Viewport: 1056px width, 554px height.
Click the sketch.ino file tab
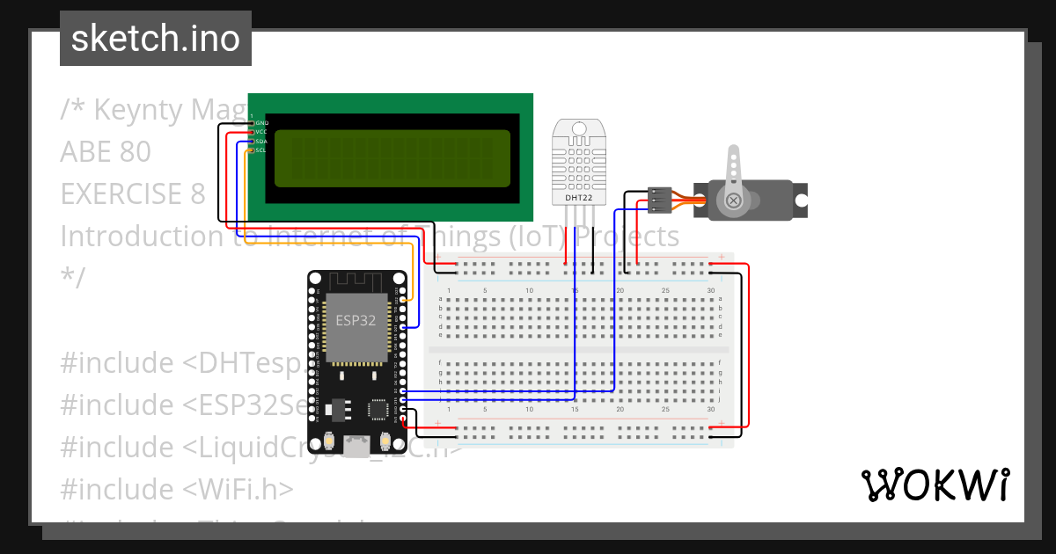(156, 39)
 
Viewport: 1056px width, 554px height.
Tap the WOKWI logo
(935, 485)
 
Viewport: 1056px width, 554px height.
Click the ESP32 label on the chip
(356, 320)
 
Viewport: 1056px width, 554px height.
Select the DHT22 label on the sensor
(579, 198)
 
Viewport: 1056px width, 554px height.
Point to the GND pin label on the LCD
(261, 122)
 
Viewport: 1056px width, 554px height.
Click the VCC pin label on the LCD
(261, 132)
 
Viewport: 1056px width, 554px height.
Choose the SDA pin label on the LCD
(261, 141)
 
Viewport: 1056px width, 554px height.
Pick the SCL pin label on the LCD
(261, 150)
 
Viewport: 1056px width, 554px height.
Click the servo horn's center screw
(733, 201)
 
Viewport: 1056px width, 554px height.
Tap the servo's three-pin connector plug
(660, 200)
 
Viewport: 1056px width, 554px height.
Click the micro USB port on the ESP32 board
(356, 448)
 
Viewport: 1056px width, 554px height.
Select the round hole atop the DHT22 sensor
(578, 129)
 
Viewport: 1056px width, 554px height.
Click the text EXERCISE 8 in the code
(132, 193)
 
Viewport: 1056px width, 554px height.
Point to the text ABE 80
(106, 152)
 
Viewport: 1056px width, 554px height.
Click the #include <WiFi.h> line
(176, 488)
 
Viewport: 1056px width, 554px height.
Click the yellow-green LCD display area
(392, 158)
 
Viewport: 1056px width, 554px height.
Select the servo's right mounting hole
(800, 200)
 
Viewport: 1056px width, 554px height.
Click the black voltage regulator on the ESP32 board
(337, 410)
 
